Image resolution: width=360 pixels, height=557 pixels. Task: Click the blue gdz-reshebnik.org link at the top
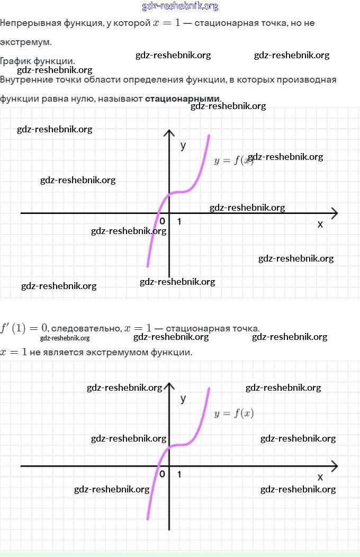tap(180, 6)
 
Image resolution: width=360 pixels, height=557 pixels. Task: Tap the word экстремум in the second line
tap(25, 42)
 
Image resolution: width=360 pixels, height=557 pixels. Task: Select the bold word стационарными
tap(182, 98)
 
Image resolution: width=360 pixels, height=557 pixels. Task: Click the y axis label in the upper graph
tap(183, 145)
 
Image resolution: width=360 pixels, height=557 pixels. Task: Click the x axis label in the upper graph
tap(320, 224)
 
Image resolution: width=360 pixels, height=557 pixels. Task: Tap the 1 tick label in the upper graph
tap(179, 221)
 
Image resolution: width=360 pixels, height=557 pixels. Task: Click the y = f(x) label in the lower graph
tap(234, 414)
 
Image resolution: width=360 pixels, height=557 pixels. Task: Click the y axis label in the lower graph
tap(183, 398)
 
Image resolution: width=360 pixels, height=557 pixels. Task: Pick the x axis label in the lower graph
tap(320, 477)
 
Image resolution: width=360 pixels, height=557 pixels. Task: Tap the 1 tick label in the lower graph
tap(179, 474)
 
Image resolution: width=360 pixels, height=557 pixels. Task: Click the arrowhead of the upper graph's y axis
tap(169, 133)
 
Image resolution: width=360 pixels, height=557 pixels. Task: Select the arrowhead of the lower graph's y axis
tap(169, 386)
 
